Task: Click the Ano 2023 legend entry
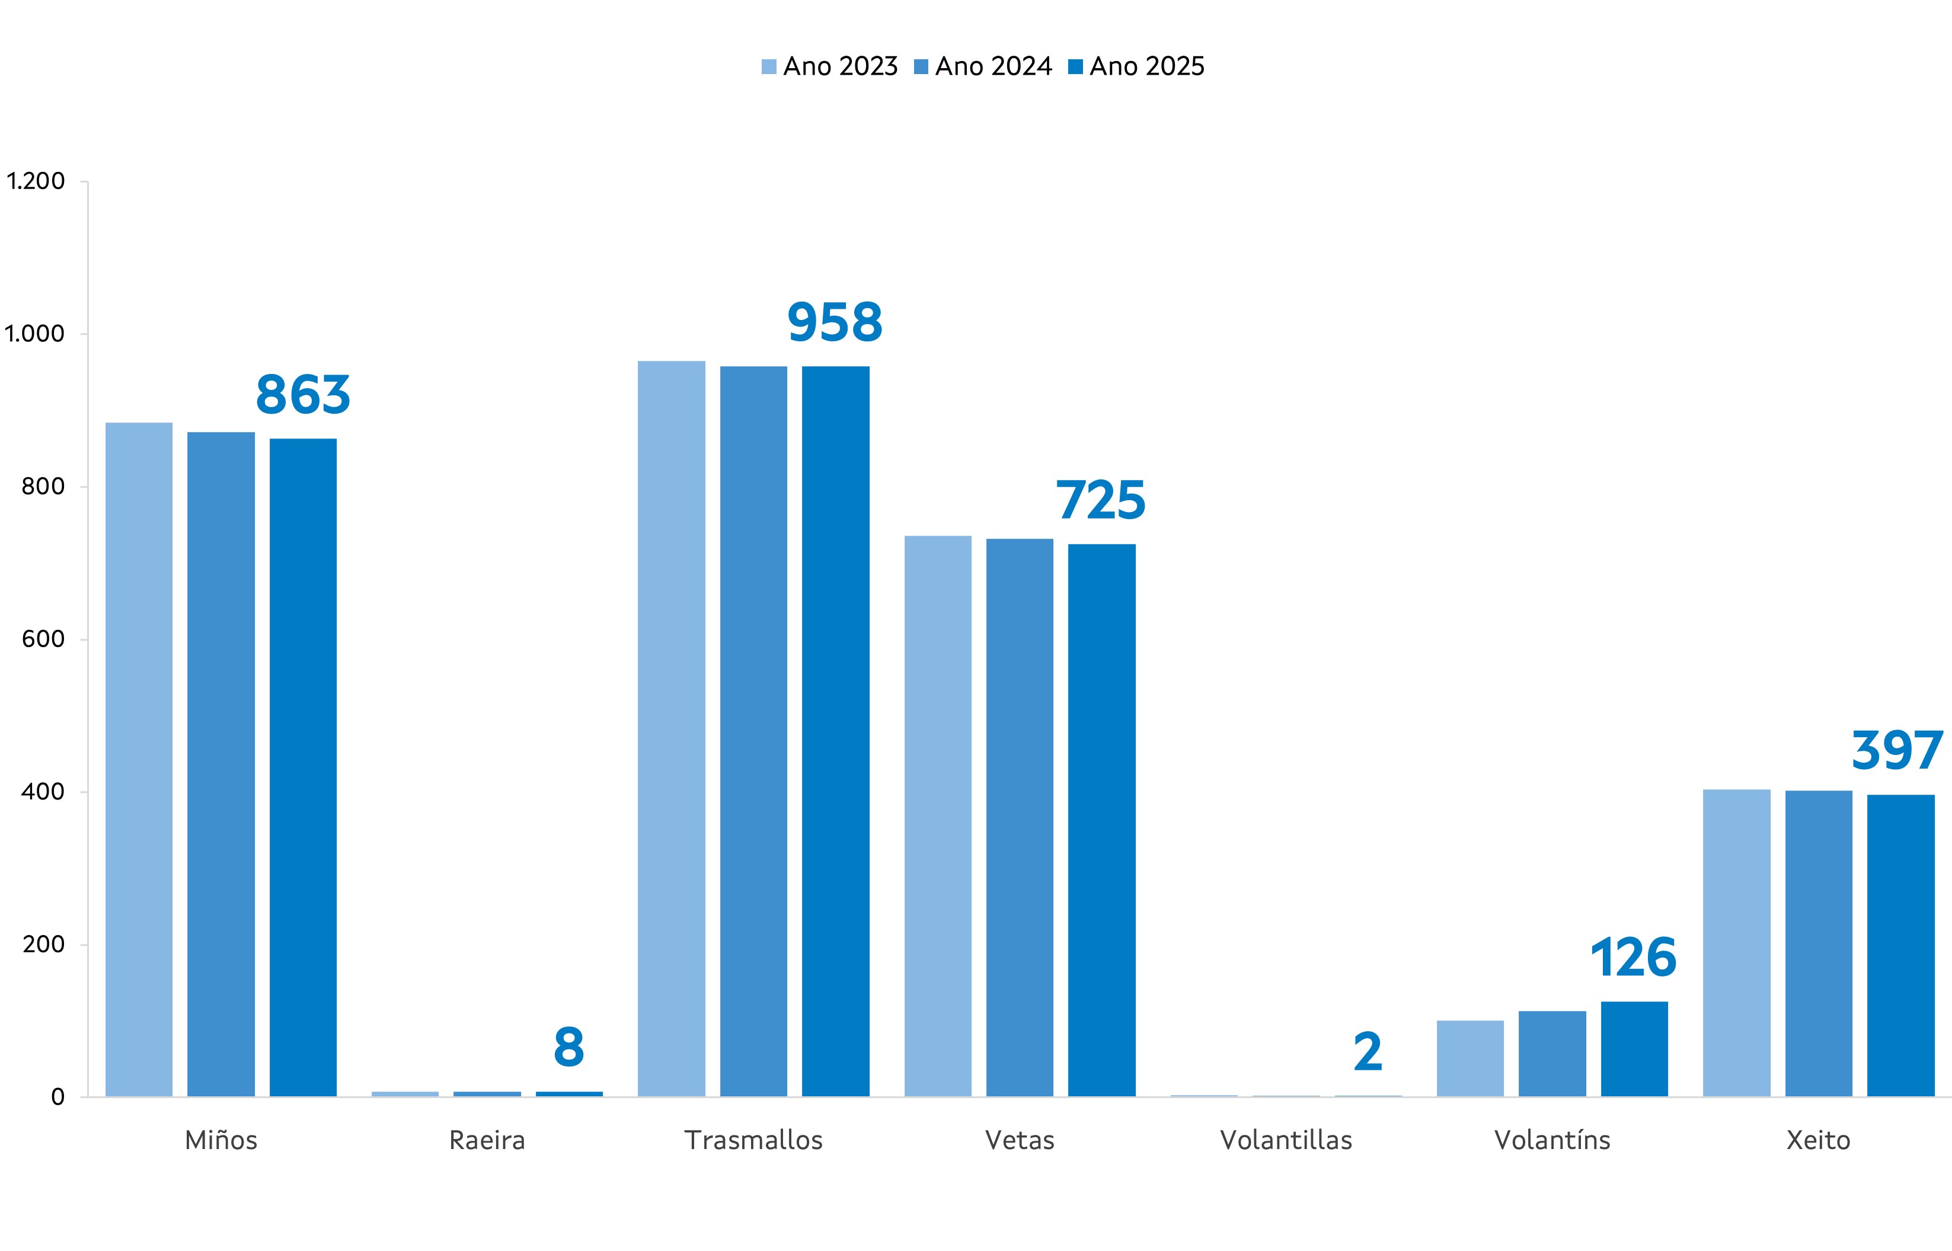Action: pyautogui.click(x=829, y=66)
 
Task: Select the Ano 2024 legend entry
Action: pyautogui.click(x=983, y=66)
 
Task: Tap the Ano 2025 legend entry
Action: pyautogui.click(x=1136, y=66)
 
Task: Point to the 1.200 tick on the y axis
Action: pyautogui.click(x=36, y=181)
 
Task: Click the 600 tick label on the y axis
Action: pyautogui.click(x=43, y=639)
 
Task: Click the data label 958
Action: pyautogui.click(x=834, y=322)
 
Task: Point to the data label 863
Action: pyautogui.click(x=303, y=396)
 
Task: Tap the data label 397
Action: pyautogui.click(x=1897, y=751)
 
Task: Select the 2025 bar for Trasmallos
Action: pyautogui.click(x=835, y=731)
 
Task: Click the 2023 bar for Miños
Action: pyautogui.click(x=139, y=760)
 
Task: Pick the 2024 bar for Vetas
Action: pyautogui.click(x=1020, y=817)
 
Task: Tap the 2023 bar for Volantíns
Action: pyautogui.click(x=1470, y=1058)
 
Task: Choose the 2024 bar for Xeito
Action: pyautogui.click(x=1818, y=943)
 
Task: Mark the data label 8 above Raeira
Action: pyautogui.click(x=568, y=1048)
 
